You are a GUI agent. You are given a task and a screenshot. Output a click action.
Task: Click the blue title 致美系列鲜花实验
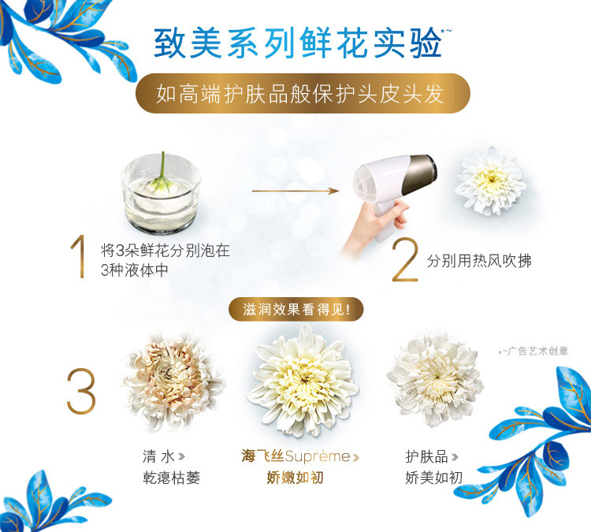[298, 43]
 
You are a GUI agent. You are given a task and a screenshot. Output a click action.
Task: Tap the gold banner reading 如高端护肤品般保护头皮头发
[303, 93]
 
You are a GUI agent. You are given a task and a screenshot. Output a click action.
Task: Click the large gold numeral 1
[79, 256]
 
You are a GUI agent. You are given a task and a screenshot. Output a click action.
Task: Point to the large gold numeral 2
[405, 259]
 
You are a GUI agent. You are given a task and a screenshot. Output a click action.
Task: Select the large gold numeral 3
[81, 391]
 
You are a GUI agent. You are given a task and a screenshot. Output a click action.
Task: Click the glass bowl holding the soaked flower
[161, 194]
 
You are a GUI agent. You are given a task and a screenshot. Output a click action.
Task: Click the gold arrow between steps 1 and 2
[295, 192]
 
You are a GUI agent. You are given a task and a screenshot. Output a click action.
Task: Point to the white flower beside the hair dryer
[490, 181]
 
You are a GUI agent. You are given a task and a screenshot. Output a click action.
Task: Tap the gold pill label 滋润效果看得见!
[295, 310]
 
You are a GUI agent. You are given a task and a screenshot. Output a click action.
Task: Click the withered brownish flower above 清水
[174, 380]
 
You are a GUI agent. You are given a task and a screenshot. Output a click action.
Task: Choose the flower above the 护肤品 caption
[434, 379]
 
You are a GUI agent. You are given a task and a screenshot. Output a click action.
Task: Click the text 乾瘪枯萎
[171, 478]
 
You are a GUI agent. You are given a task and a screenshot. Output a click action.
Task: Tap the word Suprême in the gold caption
[318, 456]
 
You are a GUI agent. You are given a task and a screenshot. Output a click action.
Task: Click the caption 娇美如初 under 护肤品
[434, 478]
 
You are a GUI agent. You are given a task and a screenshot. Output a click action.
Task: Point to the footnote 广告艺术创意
[538, 352]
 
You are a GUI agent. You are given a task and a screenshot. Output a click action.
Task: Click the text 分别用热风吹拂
[479, 261]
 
